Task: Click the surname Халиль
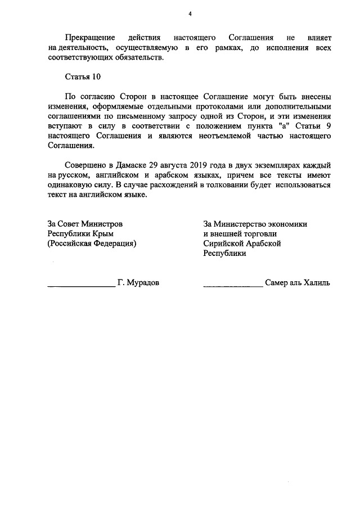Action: pyautogui.click(x=317, y=283)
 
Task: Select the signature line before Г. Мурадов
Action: pyautogui.click(x=81, y=286)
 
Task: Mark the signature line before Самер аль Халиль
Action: pyautogui.click(x=232, y=286)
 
